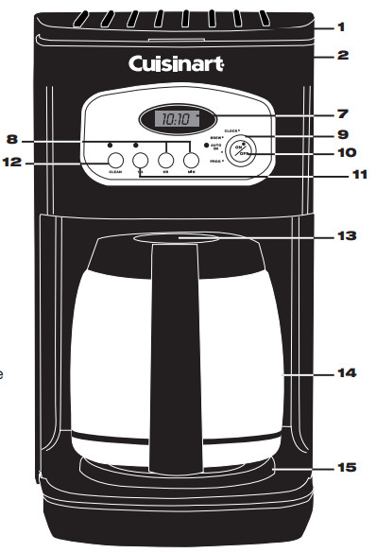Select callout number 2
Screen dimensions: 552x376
click(342, 55)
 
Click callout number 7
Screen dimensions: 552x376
click(342, 114)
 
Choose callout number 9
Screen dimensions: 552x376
click(342, 134)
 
